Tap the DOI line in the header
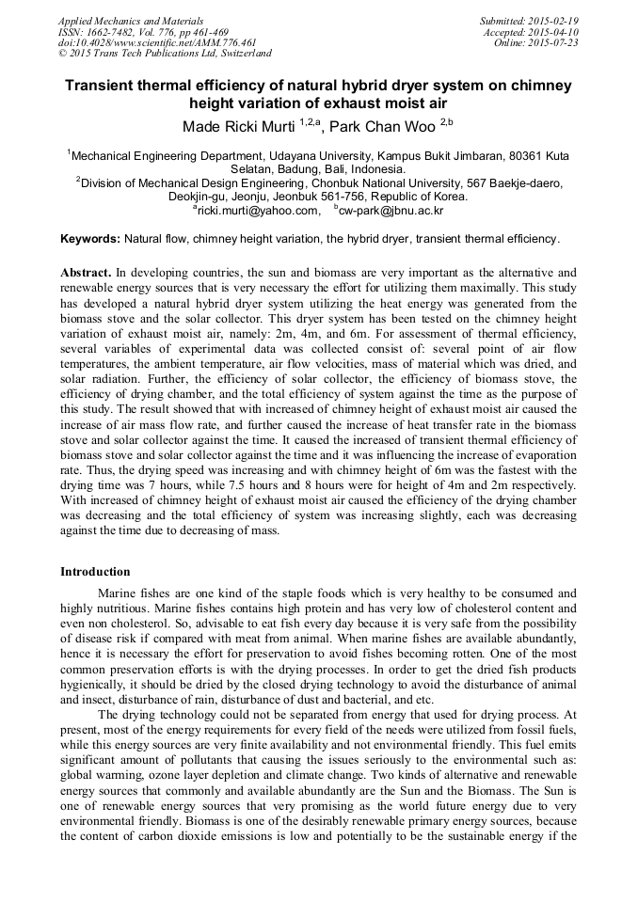[157, 43]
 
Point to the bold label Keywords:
[90, 240]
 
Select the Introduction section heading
[95, 571]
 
